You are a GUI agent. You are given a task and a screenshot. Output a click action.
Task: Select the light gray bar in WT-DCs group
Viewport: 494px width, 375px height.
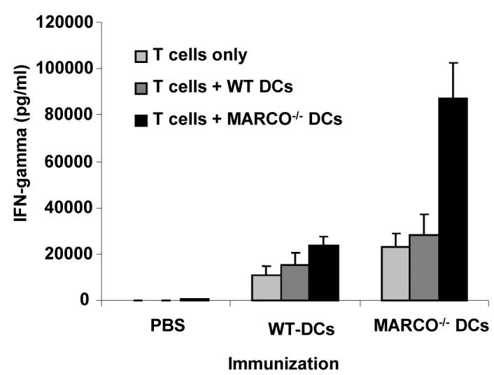tap(266, 288)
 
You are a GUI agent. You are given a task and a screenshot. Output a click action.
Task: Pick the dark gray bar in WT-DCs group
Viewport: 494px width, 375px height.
tap(295, 283)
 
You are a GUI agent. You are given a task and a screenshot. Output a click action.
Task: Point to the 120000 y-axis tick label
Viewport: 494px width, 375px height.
tap(64, 22)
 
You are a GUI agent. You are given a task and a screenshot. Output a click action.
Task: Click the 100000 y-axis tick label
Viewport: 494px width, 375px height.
tap(64, 69)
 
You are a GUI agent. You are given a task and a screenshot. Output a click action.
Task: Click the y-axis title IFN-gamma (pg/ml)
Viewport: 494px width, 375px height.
tap(22, 162)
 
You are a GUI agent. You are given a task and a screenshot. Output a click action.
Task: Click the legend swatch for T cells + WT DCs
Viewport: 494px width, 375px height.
tap(141, 87)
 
